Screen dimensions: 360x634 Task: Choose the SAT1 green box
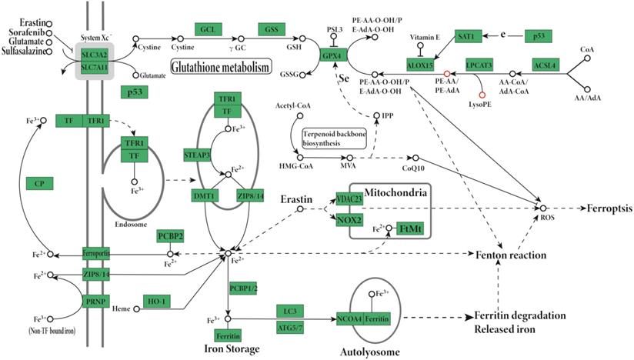coord(469,36)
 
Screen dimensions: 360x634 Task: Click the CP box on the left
coord(38,183)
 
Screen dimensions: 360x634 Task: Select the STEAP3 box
coord(198,155)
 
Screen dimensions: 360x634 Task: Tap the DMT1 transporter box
coord(204,196)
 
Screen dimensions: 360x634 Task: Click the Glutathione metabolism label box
coord(219,67)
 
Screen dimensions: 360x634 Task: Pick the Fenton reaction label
coord(511,254)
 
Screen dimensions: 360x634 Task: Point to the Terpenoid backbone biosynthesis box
coord(333,138)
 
